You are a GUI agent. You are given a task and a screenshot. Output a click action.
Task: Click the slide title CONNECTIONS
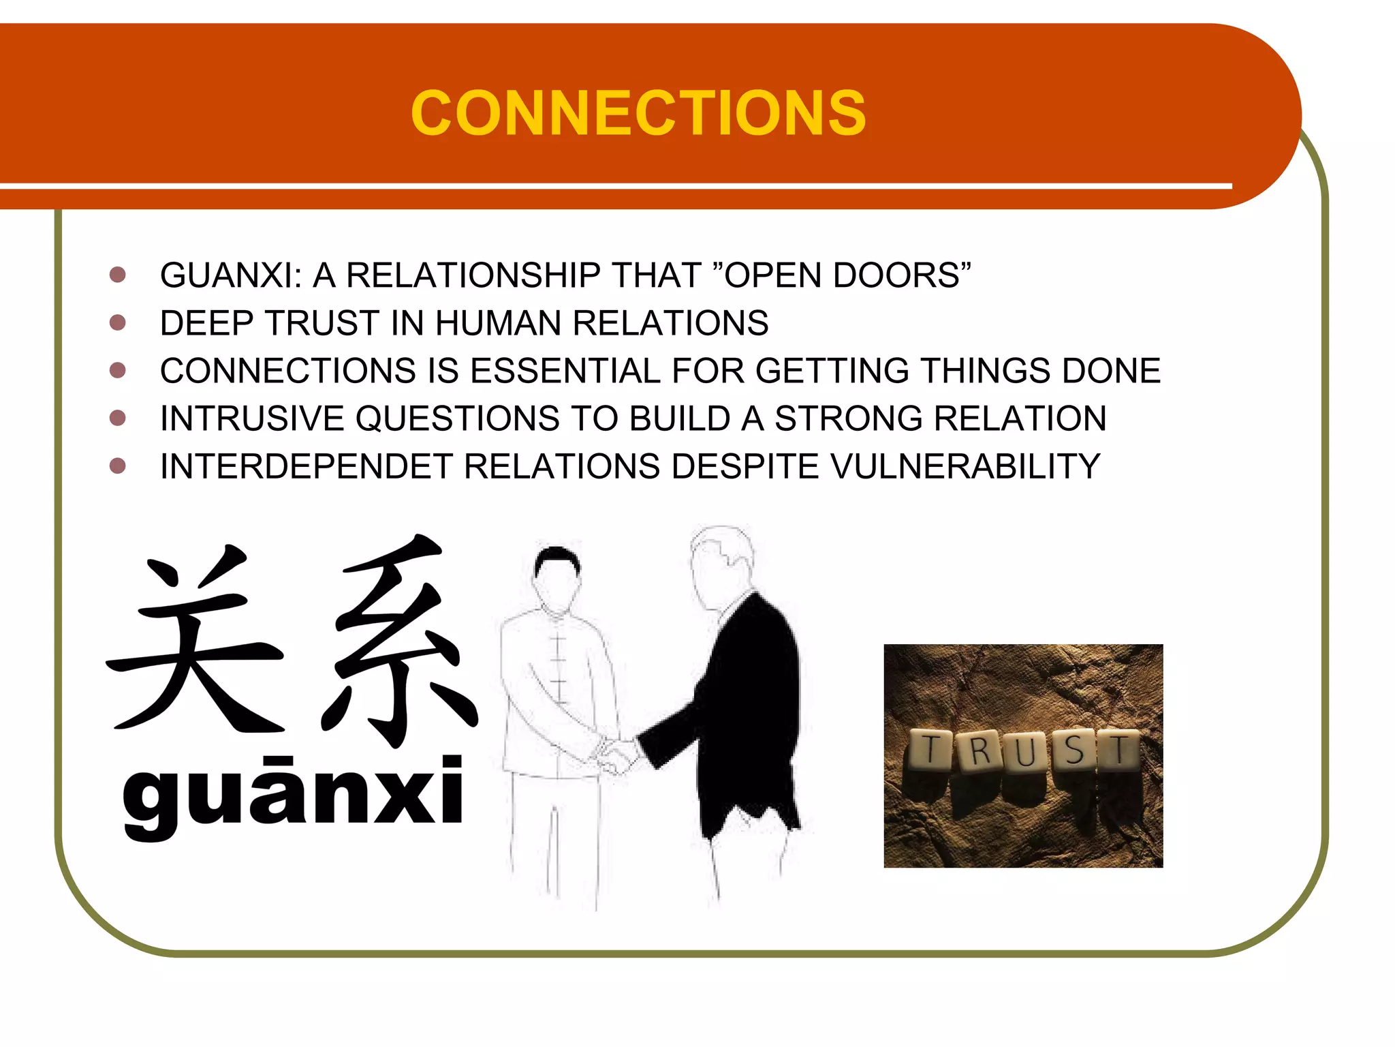point(638,113)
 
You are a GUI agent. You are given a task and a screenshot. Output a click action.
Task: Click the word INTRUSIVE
point(252,419)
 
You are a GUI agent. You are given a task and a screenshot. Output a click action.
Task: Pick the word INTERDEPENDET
point(307,467)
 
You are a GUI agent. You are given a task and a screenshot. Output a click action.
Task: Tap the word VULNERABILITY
point(965,467)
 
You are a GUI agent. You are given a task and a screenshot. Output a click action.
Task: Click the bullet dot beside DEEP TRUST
point(118,322)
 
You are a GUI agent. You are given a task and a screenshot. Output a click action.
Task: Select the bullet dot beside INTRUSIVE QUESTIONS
point(118,418)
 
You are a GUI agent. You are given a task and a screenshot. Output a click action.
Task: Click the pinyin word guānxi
point(293,794)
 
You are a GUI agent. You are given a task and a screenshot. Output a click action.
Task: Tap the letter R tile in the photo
point(979,751)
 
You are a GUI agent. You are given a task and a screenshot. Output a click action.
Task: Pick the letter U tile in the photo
point(1025,753)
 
